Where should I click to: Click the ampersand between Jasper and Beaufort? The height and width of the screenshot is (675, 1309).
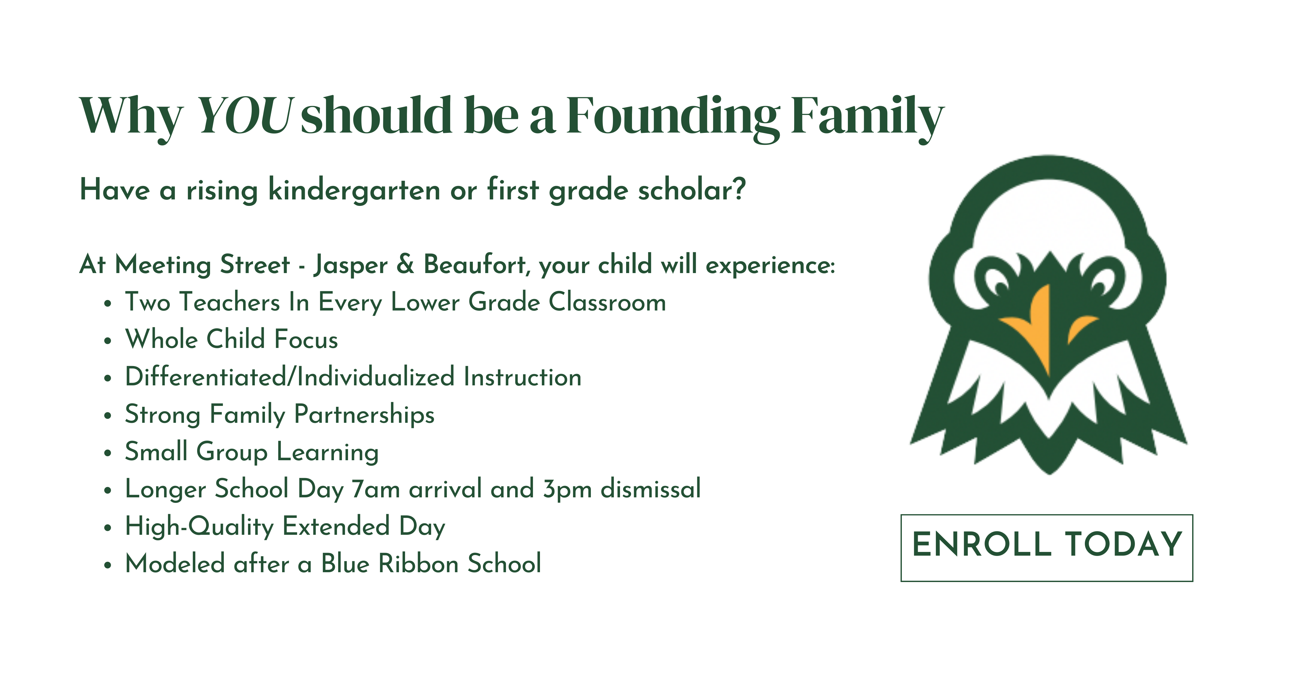tap(405, 264)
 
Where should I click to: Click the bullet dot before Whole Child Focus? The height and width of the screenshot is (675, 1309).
tap(107, 341)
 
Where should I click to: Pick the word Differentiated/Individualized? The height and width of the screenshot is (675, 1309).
tap(290, 377)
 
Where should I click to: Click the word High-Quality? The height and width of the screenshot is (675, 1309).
tap(200, 526)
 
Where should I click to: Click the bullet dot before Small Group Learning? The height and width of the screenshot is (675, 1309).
tap(107, 453)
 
